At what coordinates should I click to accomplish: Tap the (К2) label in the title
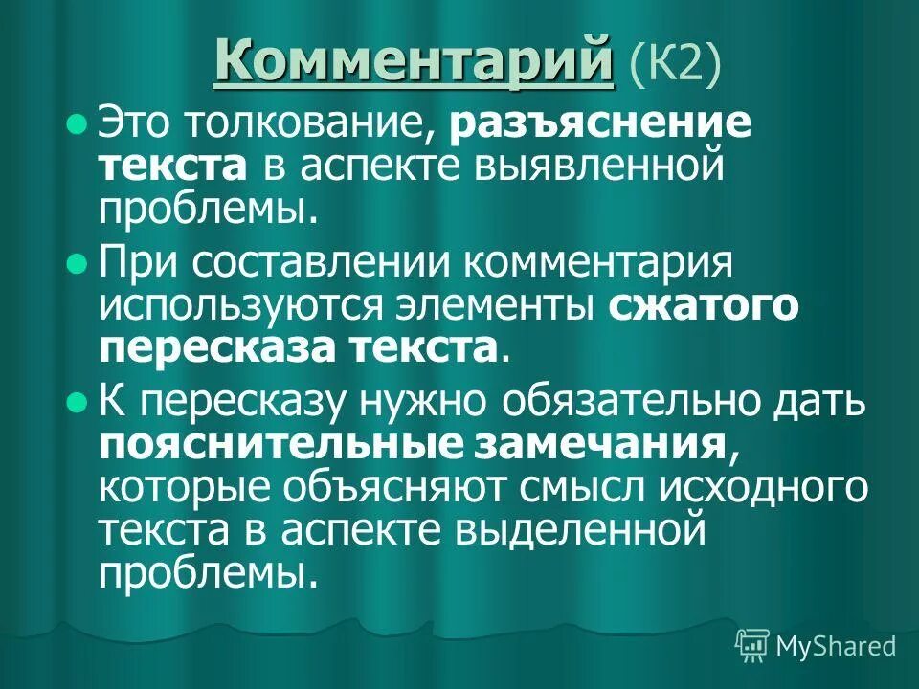click(676, 63)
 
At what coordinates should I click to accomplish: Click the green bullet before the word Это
click(78, 124)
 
